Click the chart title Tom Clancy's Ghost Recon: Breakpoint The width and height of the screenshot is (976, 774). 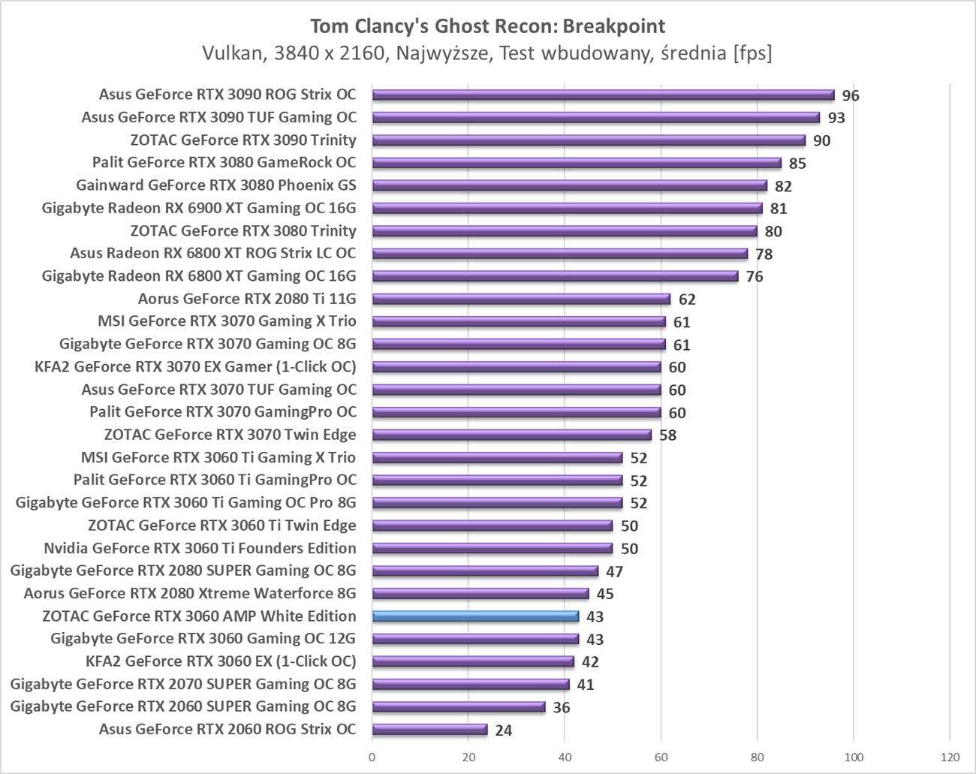tap(487, 26)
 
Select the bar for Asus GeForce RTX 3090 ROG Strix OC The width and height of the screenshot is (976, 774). tap(603, 95)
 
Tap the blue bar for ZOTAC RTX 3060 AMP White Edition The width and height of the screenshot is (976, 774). tap(475, 616)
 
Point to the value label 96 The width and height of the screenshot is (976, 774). tap(850, 95)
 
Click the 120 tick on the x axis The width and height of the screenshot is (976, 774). tap(950, 756)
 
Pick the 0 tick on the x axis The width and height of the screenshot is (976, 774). tap(372, 756)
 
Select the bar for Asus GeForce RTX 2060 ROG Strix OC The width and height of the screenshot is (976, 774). tap(429, 730)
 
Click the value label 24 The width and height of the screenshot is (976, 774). tap(503, 730)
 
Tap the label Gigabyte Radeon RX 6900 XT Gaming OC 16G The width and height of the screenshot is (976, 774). tap(199, 208)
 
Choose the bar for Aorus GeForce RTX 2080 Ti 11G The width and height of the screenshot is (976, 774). tap(521, 299)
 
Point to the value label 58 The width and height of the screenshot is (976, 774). tap(667, 435)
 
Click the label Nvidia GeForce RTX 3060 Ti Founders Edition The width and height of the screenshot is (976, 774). tap(200, 548)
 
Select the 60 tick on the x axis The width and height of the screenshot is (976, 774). tap(661, 756)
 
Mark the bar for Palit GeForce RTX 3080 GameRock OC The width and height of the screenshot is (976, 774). tap(577, 163)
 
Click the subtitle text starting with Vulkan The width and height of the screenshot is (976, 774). tap(487, 53)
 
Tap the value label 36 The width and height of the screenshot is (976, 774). tap(561, 707)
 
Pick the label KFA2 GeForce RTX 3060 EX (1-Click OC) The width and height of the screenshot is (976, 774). tap(221, 661)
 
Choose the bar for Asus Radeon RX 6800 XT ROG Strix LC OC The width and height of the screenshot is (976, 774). tap(559, 254)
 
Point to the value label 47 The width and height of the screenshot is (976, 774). tap(614, 571)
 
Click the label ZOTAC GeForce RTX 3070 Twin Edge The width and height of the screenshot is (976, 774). tap(230, 435)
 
